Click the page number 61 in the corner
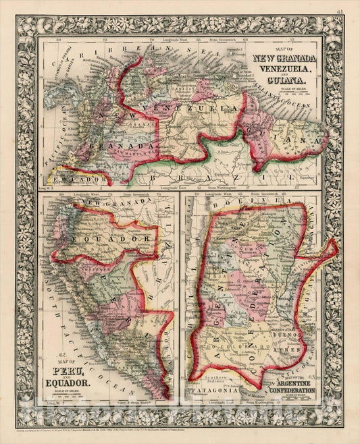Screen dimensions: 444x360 pos(340,11)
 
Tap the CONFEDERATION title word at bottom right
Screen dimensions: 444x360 pos(292,391)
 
